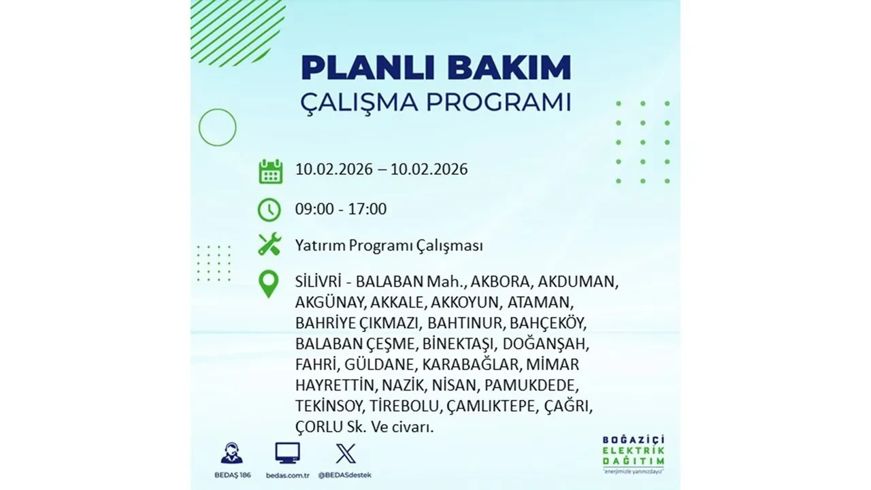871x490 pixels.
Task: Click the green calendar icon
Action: click(x=270, y=171)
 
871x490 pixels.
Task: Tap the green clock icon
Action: click(x=269, y=209)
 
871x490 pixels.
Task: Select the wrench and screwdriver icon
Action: click(x=269, y=244)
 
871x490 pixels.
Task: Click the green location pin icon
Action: click(x=269, y=284)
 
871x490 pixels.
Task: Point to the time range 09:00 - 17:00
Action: click(x=341, y=209)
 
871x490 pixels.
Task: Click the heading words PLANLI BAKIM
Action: click(x=435, y=68)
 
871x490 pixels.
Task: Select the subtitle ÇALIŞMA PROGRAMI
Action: click(x=435, y=102)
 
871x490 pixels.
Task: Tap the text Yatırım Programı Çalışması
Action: click(x=389, y=245)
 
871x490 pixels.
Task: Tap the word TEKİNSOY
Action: click(x=330, y=406)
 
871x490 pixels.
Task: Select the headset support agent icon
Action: click(x=231, y=453)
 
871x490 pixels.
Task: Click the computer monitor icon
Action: click(x=287, y=453)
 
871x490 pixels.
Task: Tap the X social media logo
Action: click(x=345, y=453)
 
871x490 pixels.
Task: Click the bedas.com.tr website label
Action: click(x=288, y=474)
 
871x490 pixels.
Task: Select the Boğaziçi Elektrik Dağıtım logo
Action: click(x=633, y=453)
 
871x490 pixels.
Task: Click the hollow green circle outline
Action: click(x=217, y=127)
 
